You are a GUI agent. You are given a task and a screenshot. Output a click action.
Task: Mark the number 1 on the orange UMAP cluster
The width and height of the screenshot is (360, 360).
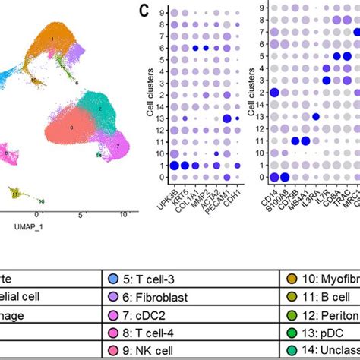[x=52, y=37]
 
